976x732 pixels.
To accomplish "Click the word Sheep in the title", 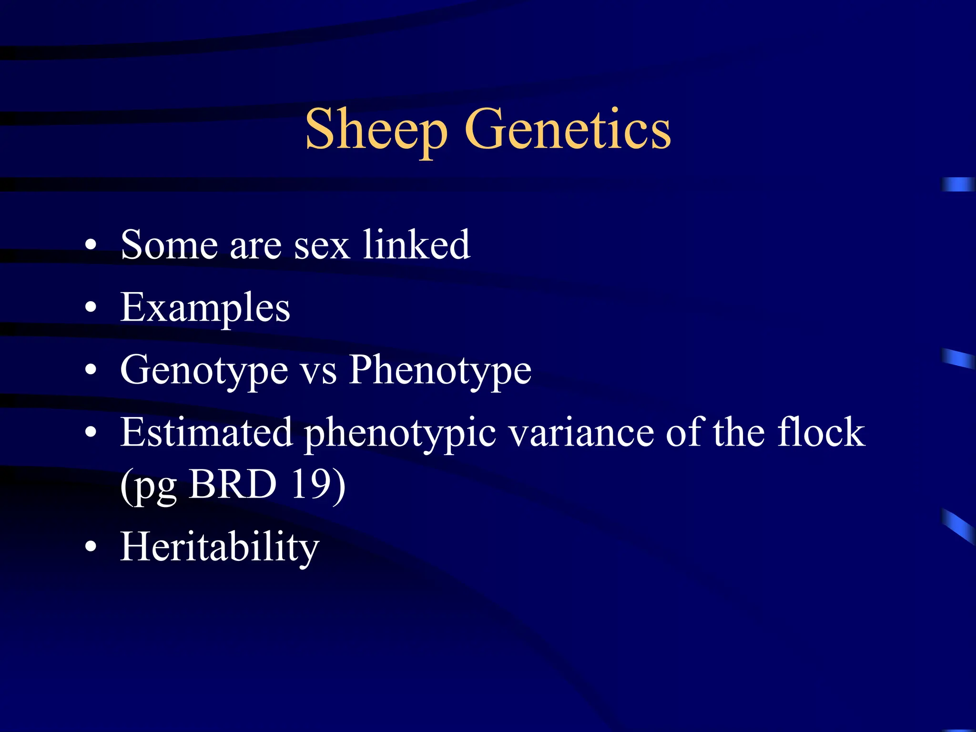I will (x=376, y=130).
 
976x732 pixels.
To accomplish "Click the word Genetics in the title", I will (x=568, y=130).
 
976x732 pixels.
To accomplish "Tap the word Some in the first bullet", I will (x=169, y=245).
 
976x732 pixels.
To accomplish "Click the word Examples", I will (x=205, y=308).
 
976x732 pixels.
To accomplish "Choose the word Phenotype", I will (x=440, y=371).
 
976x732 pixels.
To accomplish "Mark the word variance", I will (x=581, y=433).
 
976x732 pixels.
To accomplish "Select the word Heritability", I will (x=219, y=547).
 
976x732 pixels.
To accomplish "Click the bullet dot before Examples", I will (x=91, y=308).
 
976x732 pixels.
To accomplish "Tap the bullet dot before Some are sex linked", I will (x=91, y=245).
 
